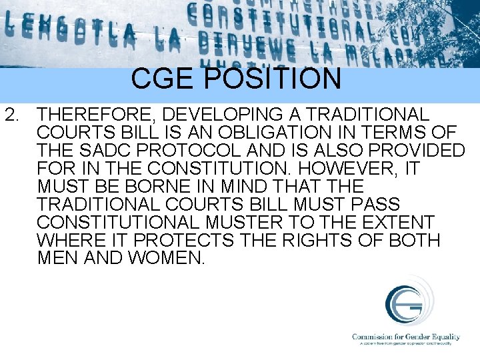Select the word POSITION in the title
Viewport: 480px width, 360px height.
coord(271,78)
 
